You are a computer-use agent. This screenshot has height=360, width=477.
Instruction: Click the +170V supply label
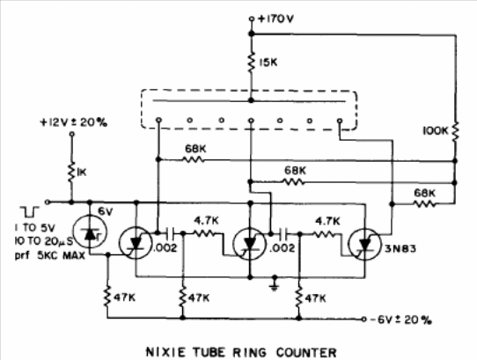click(275, 18)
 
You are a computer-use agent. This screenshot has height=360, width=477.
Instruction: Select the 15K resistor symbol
click(252, 63)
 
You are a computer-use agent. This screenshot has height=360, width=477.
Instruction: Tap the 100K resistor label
click(436, 131)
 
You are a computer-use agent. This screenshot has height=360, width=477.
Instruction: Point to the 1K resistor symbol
click(71, 172)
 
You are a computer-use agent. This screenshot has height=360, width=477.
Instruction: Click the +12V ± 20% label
click(74, 122)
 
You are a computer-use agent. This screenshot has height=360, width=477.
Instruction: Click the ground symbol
click(275, 284)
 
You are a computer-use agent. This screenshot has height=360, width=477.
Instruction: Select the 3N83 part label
click(400, 248)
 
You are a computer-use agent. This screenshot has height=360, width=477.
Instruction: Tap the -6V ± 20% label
click(400, 320)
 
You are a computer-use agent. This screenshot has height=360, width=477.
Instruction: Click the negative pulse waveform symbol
click(30, 212)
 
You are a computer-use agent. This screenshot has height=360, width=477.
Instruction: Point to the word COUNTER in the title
click(306, 352)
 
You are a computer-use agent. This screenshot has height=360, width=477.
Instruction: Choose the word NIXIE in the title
click(165, 352)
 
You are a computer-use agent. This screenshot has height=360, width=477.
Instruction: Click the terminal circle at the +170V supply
click(252, 18)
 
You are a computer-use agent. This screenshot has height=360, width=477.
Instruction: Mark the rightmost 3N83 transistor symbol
click(363, 244)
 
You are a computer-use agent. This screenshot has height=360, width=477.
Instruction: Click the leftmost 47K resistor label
click(124, 298)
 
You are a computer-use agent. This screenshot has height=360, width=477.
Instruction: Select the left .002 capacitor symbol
click(171, 233)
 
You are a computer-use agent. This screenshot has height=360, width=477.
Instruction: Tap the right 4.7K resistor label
click(327, 221)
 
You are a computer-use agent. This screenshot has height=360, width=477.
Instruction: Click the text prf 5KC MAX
click(50, 255)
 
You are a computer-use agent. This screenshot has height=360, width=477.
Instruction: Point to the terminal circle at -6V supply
click(363, 320)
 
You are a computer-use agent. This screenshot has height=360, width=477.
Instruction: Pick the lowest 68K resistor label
click(425, 193)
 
